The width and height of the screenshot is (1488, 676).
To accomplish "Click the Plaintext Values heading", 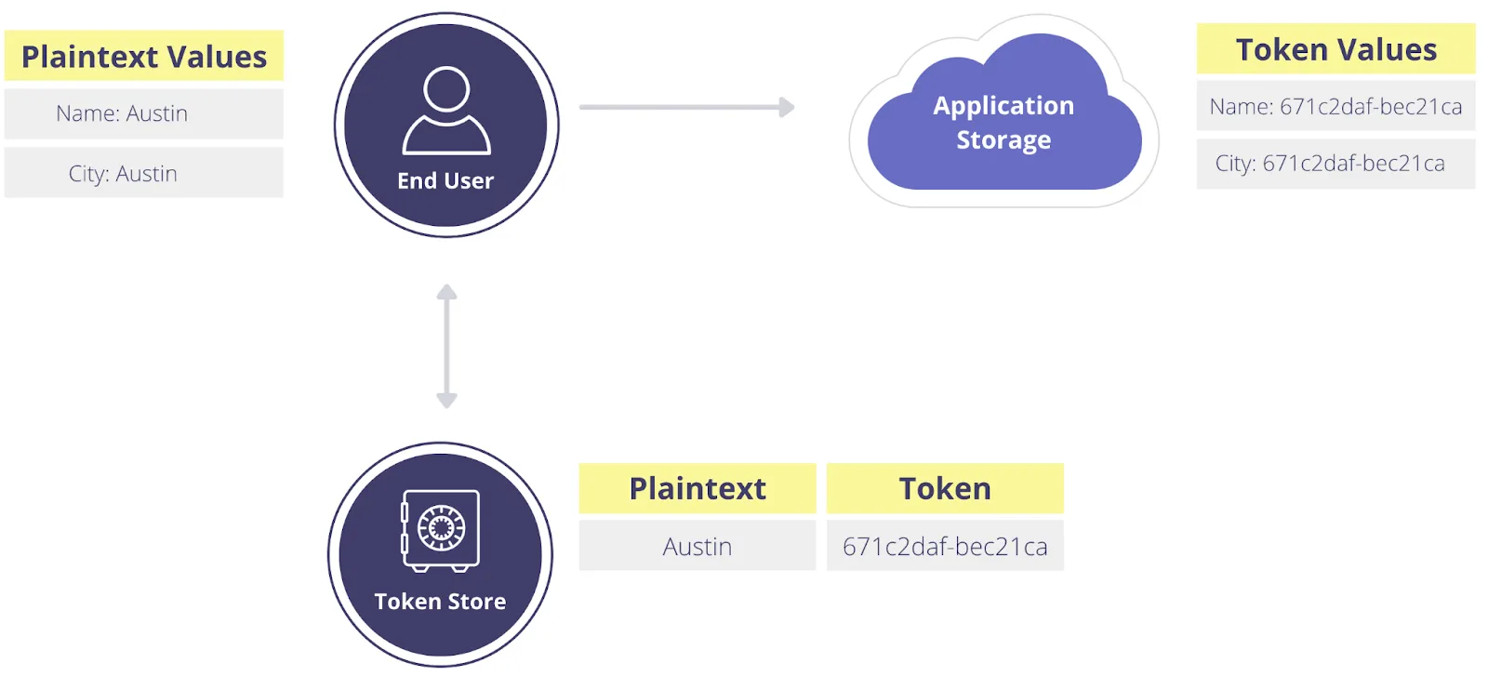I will tap(144, 57).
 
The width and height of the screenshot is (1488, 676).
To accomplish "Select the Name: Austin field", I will tap(122, 113).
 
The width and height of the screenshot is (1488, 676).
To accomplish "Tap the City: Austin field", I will tap(123, 174).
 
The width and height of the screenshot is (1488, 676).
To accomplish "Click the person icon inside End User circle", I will tap(446, 110).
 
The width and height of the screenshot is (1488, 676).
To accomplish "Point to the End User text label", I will tap(445, 181).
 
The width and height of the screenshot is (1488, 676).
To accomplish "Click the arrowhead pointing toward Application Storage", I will tap(787, 107).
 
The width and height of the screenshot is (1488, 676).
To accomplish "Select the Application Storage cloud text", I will tap(1003, 122).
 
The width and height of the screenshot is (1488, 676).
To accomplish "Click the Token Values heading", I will tap(1335, 49).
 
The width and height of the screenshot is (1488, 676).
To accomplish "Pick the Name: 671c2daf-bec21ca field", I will tap(1335, 107).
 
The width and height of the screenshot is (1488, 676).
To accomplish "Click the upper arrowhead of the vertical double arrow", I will tap(446, 292).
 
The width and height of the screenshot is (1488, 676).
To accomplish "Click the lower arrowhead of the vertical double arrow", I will tap(446, 401).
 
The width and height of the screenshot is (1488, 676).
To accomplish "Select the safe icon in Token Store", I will tap(441, 530).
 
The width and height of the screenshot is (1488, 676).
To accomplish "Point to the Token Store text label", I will tap(440, 602).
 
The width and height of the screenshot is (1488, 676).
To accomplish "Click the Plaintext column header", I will tap(697, 489).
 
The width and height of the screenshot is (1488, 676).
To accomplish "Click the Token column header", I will tap(945, 489).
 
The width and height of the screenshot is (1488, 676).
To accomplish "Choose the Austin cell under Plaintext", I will tap(697, 547).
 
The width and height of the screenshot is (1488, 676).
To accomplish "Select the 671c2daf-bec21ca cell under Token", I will tap(945, 547).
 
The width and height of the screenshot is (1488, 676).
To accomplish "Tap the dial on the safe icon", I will tap(442, 527).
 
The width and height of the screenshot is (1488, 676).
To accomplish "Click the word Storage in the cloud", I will tap(1003, 140).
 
